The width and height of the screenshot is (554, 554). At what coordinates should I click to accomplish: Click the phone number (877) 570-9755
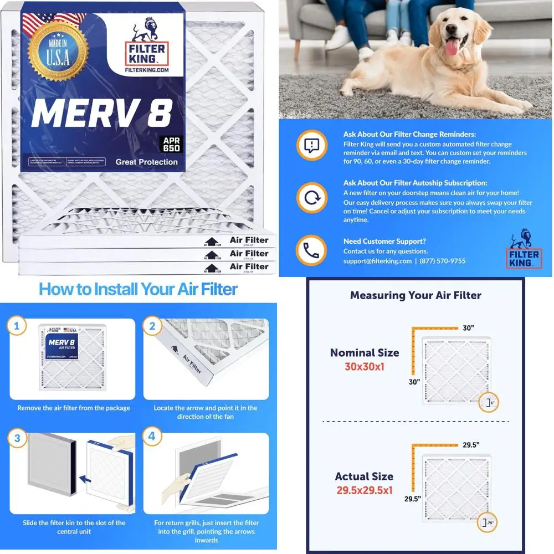coord(443,261)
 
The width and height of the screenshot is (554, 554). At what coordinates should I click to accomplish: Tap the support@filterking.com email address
coord(377,261)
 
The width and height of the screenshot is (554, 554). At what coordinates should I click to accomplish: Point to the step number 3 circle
coord(17,438)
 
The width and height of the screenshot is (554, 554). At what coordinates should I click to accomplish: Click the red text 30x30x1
coord(364,366)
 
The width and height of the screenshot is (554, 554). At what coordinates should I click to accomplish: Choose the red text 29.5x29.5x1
coord(364,490)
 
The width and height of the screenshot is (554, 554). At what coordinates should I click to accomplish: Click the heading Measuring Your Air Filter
coord(416,295)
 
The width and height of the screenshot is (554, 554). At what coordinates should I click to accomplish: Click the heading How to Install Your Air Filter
coord(138,289)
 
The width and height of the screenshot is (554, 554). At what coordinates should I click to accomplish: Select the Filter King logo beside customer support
coord(524,250)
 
